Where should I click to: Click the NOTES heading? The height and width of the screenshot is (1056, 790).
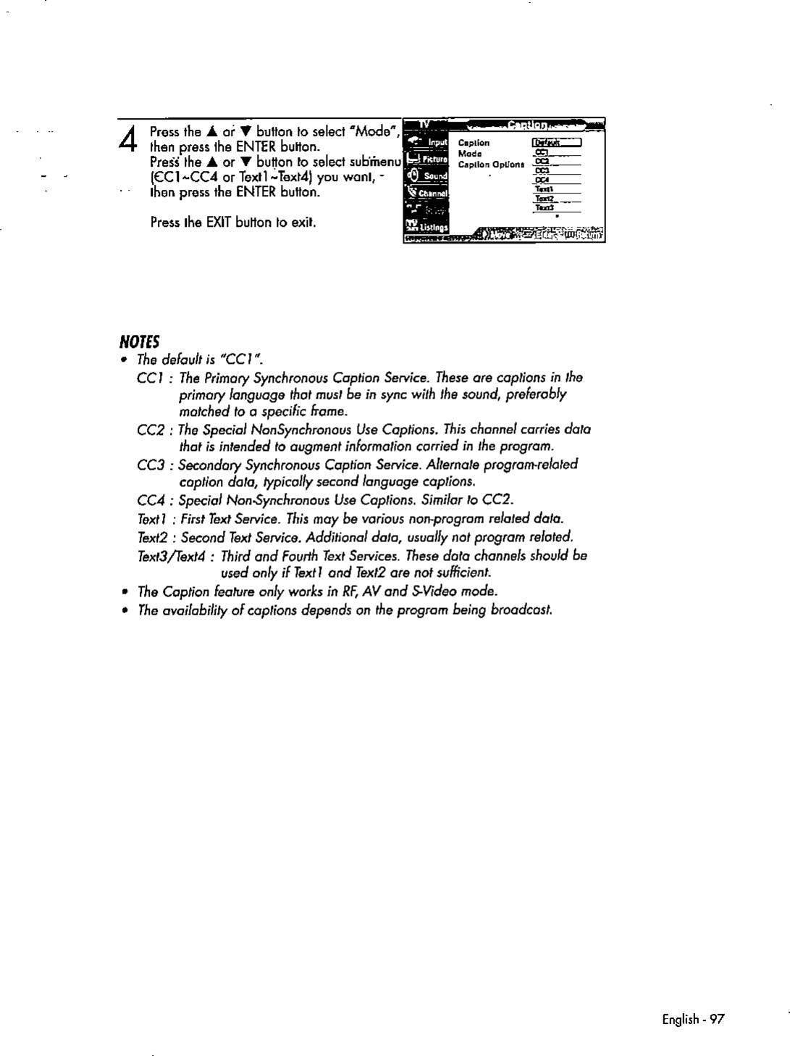tap(140, 341)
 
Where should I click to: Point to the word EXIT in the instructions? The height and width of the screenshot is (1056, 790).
tap(218, 222)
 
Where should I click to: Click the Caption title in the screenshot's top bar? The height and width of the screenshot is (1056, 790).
tap(531, 126)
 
